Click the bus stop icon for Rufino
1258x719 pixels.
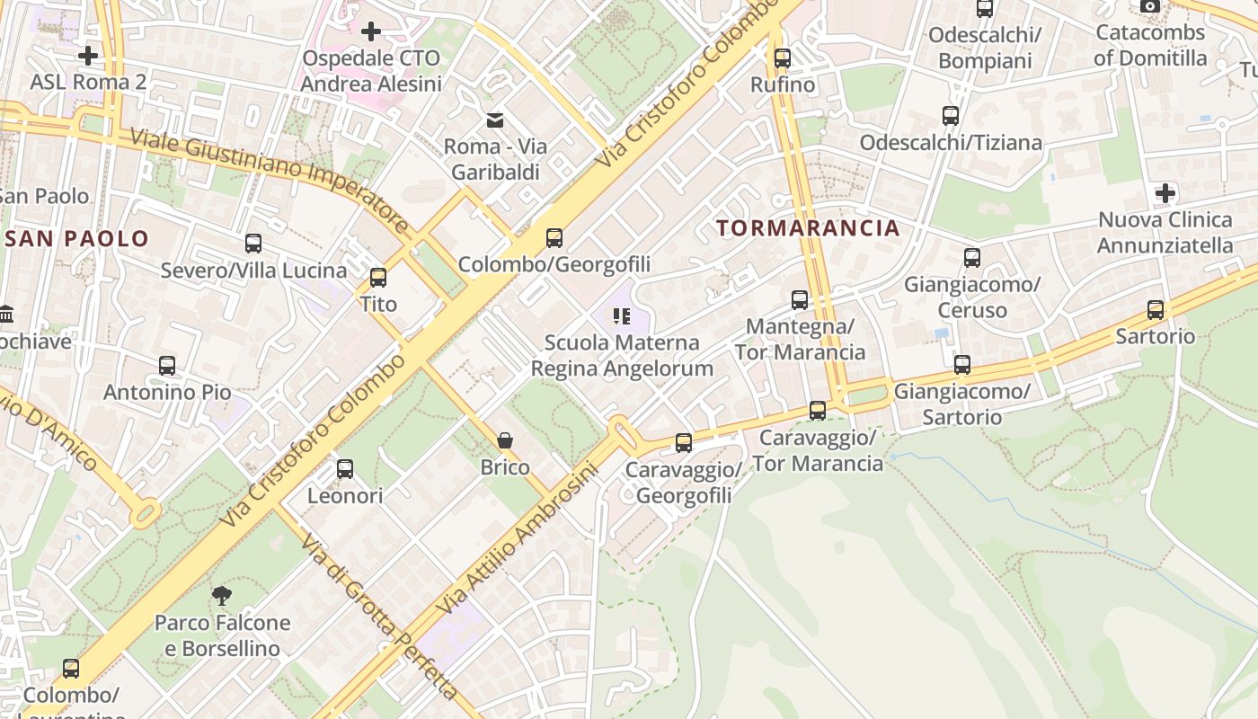(783, 58)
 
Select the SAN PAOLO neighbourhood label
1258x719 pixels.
(77, 238)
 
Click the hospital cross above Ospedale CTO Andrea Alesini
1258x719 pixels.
(370, 32)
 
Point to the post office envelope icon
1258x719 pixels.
(494, 120)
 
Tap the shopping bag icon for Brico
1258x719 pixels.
(505, 440)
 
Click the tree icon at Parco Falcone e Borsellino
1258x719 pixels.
(221, 594)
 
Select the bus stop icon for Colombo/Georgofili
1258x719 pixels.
(554, 238)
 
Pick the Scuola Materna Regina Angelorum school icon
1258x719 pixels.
(621, 315)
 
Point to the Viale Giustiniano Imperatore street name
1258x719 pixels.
(270, 181)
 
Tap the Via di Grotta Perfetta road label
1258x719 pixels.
(378, 617)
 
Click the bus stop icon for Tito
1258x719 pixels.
(378, 277)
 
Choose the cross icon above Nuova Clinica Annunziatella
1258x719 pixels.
(1165, 192)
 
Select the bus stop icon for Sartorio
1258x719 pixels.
(1156, 310)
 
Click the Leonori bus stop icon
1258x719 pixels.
(345, 468)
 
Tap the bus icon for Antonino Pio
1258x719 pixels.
(167, 366)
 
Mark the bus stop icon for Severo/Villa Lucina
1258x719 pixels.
(253, 243)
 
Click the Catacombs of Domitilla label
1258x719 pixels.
(1150, 45)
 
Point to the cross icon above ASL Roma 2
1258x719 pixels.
(87, 56)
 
